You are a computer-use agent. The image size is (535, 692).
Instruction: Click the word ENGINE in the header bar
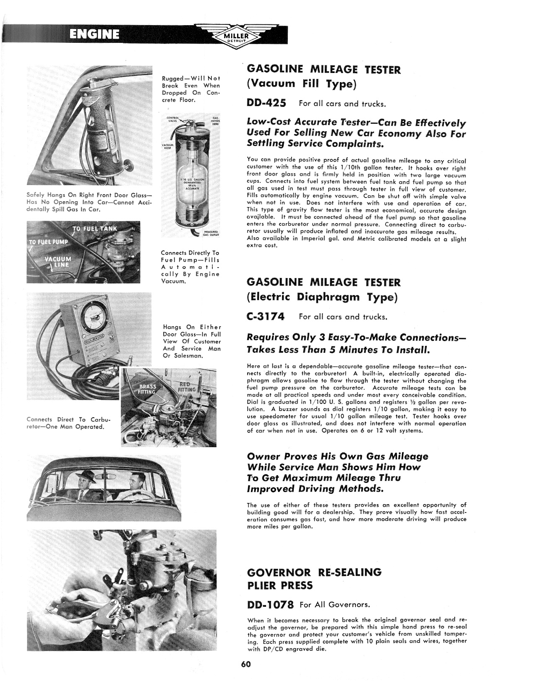94,34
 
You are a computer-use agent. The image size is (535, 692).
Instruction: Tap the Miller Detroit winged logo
237,37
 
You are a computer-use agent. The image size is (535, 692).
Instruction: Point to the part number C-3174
266,317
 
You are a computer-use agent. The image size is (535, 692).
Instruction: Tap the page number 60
246,664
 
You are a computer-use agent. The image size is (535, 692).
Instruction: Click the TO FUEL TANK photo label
95,229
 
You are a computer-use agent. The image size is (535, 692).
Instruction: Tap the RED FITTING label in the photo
186,387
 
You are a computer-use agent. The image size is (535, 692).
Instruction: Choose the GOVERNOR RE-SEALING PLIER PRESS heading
314,578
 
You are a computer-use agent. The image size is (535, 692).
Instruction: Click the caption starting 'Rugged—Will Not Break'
191,89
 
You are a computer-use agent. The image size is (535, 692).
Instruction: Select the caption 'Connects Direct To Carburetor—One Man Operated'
65,423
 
